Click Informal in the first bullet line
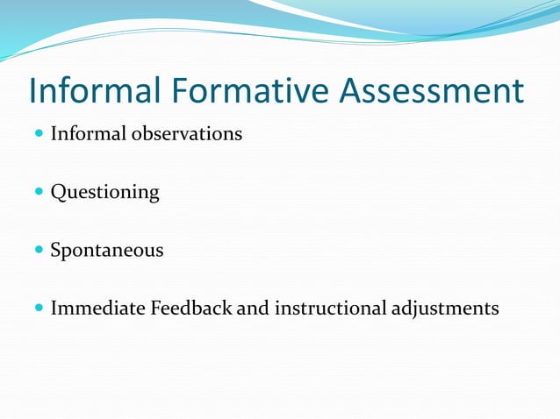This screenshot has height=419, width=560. [88, 134]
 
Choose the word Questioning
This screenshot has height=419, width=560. [104, 193]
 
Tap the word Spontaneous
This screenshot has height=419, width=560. [106, 251]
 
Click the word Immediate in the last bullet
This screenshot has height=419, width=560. [97, 309]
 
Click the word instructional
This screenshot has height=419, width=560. [330, 309]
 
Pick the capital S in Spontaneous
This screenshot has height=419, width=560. [56, 250]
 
